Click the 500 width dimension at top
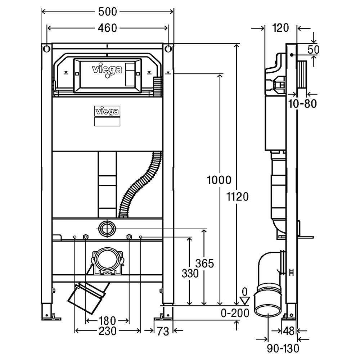(x=107, y=12)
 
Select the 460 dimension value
(x=107, y=28)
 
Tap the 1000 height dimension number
(x=219, y=180)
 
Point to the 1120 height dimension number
(x=238, y=197)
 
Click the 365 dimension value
(x=204, y=264)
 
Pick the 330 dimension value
(x=190, y=274)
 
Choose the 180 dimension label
(x=107, y=320)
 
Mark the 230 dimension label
(x=107, y=331)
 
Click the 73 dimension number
(x=163, y=331)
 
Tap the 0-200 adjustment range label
(x=235, y=313)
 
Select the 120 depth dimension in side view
(x=280, y=28)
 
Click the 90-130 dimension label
(x=283, y=348)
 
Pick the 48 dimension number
(x=289, y=331)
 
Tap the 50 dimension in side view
(x=313, y=50)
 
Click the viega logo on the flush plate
(x=107, y=69)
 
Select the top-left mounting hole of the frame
(x=46, y=49)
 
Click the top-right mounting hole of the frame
(x=168, y=49)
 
